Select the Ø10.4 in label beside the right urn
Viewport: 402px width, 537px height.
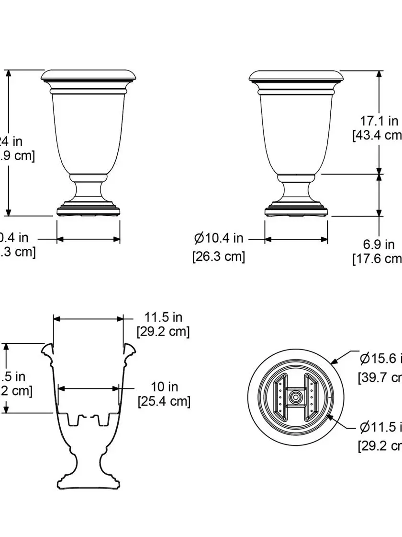coord(219,238)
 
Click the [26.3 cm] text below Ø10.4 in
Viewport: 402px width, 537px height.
coord(219,257)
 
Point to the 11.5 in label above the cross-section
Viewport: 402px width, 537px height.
coord(164,317)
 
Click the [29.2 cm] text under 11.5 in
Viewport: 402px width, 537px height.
coord(163,331)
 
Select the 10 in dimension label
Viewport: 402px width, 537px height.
coord(164,386)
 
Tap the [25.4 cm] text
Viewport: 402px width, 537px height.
coord(164,401)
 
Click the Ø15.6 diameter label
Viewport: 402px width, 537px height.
coord(380,359)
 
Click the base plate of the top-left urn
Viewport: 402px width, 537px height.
coord(89,210)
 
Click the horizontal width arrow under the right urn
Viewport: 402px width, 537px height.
coord(296,239)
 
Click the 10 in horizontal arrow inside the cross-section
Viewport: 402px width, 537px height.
coord(89,388)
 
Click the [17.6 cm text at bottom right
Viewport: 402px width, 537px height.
coord(378,259)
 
